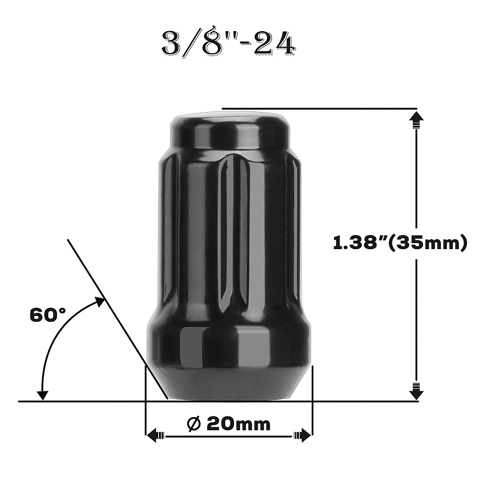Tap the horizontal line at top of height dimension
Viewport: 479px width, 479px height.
pos(319,108)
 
